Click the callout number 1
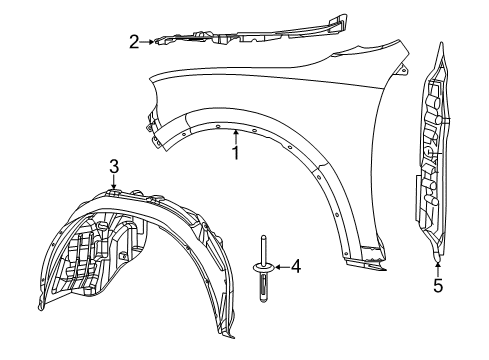pyautogui.click(x=236, y=153)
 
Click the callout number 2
pyautogui.click(x=133, y=41)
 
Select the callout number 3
pyautogui.click(x=114, y=165)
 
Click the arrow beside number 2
pyautogui.click(x=150, y=41)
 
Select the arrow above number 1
pyautogui.click(x=236, y=137)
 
